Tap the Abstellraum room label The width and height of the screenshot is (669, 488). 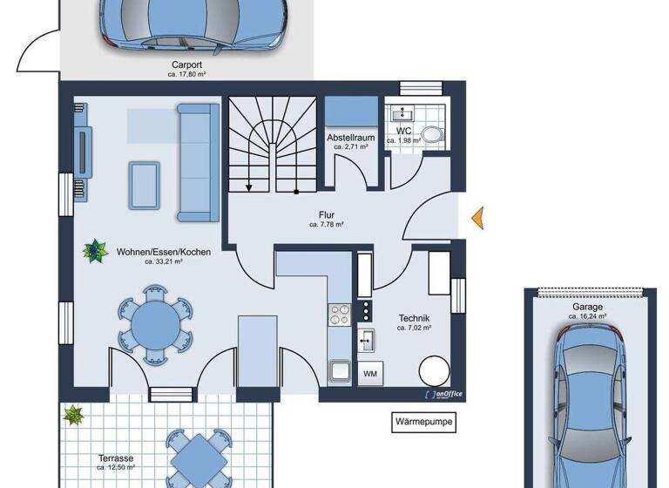(x=350, y=139)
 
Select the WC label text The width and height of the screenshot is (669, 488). (x=403, y=132)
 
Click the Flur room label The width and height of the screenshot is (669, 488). (x=327, y=214)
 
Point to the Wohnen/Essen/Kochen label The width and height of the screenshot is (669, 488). (x=163, y=252)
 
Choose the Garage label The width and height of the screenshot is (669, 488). (x=588, y=308)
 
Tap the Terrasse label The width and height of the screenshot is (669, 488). (x=114, y=457)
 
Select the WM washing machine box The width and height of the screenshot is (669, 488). (x=369, y=373)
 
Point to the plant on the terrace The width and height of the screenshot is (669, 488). (x=72, y=417)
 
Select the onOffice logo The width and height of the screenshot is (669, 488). (x=443, y=394)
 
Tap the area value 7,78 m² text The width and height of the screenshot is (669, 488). (x=327, y=225)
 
